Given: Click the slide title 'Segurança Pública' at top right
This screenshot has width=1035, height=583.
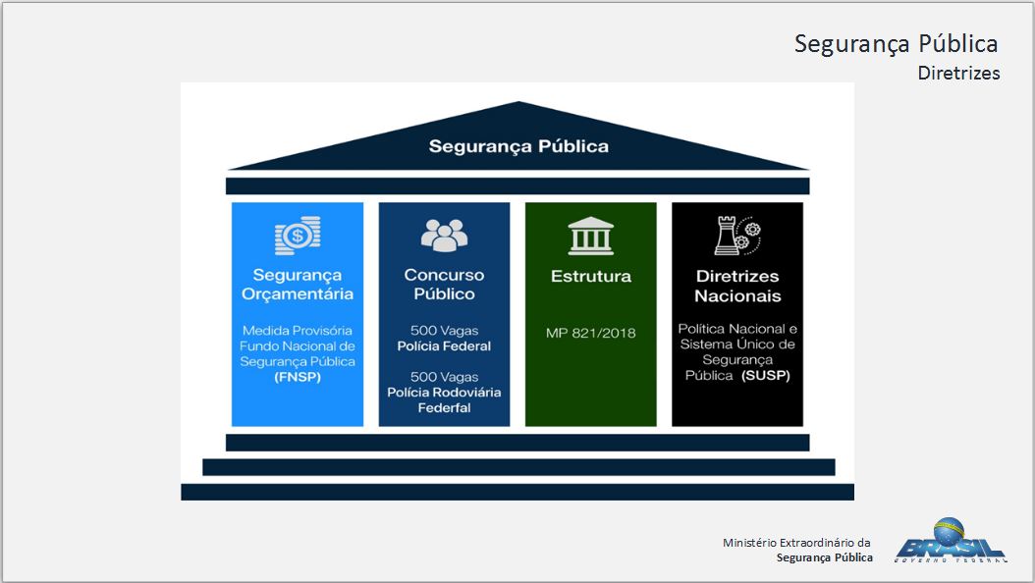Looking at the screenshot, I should (896, 44).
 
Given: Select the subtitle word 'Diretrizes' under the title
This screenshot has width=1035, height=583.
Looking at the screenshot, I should (958, 74).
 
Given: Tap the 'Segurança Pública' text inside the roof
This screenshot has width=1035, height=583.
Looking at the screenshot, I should (518, 146).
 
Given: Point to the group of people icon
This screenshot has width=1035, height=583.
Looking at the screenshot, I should (444, 235).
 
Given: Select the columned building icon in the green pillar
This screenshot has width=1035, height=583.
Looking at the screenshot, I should (590, 237).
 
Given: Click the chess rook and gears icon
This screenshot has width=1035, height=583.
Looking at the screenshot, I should (736, 236).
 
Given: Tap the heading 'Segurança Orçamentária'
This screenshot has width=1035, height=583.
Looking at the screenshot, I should (297, 285).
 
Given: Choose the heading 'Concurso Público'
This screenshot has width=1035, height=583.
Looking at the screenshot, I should (444, 285).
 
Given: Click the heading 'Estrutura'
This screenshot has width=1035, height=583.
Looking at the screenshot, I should (590, 277).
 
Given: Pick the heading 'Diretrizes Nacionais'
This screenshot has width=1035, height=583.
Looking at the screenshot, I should (737, 286).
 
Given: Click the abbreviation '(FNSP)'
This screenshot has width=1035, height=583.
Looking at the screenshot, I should (298, 377).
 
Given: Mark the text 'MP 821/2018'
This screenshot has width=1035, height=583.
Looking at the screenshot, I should (590, 333).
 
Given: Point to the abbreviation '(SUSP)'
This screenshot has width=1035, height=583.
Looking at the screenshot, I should (766, 376).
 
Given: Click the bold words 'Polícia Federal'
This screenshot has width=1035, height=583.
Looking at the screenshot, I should (444, 346).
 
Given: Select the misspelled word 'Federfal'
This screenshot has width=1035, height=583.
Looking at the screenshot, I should (444, 407).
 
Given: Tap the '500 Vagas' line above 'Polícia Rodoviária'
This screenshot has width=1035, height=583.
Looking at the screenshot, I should (444, 377).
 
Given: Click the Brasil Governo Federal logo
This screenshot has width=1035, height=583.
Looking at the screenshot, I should (949, 542).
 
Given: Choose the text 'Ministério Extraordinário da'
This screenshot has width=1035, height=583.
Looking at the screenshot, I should (796, 543).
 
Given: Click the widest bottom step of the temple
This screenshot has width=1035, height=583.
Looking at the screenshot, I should (517, 492).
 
